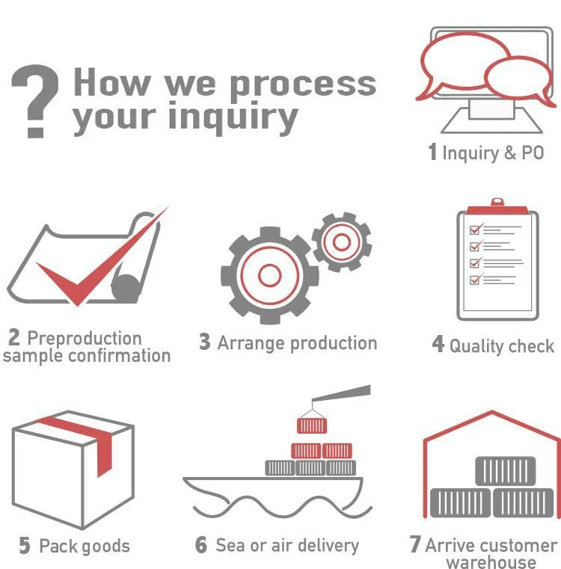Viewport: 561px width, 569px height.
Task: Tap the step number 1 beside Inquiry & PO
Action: (x=432, y=153)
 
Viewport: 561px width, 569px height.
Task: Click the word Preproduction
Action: (x=84, y=339)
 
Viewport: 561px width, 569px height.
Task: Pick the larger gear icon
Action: (x=269, y=274)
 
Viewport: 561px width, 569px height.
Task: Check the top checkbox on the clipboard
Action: (x=473, y=230)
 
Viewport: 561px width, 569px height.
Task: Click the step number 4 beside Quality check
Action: (x=438, y=345)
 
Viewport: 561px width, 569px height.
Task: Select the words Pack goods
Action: (x=84, y=547)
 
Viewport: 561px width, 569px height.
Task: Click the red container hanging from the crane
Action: (x=312, y=425)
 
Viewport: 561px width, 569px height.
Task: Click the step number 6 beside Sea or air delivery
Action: (x=201, y=545)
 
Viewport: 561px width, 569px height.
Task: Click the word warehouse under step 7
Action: (x=491, y=562)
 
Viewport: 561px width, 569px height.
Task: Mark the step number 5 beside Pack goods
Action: (x=25, y=547)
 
